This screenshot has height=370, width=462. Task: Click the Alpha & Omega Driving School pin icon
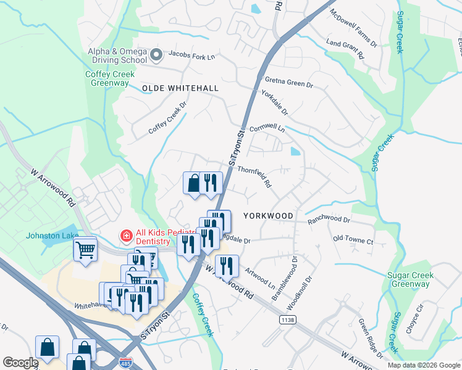click(x=156, y=55)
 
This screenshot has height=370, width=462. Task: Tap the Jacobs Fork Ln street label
click(x=191, y=57)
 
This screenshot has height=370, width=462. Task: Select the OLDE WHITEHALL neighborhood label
click(x=180, y=88)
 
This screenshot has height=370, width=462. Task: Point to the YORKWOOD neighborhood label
click(x=268, y=216)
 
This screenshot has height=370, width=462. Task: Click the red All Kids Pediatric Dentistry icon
click(x=125, y=236)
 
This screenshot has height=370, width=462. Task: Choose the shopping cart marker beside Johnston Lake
click(x=86, y=250)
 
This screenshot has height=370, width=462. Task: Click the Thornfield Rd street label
click(x=254, y=177)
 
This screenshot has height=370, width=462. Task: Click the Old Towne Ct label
click(x=353, y=239)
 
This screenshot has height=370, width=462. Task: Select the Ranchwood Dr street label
click(x=329, y=220)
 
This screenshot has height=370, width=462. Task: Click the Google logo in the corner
click(x=21, y=363)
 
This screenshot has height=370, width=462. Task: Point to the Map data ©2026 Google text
click(x=424, y=365)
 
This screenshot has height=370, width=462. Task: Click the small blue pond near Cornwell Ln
click(x=296, y=150)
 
